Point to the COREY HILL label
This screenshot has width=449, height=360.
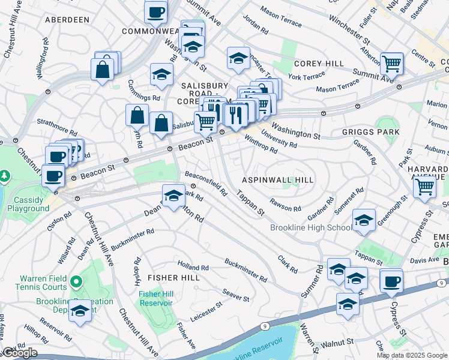[x=319, y=64]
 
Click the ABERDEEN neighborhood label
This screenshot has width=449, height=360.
[x=67, y=20]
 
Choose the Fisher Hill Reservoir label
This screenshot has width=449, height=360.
[x=155, y=298]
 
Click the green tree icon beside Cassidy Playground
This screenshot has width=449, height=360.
[x=5, y=176]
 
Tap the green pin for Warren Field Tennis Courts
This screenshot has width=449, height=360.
[x=76, y=281]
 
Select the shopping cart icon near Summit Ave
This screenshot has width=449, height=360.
[x=391, y=62]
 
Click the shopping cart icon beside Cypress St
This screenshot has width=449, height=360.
[x=424, y=186]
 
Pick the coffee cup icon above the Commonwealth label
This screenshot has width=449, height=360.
[x=156, y=11]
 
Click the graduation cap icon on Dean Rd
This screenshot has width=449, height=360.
[x=173, y=196]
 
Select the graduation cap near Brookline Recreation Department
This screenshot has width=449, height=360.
[x=80, y=311]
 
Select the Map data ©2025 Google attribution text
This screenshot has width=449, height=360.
[x=411, y=355]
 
